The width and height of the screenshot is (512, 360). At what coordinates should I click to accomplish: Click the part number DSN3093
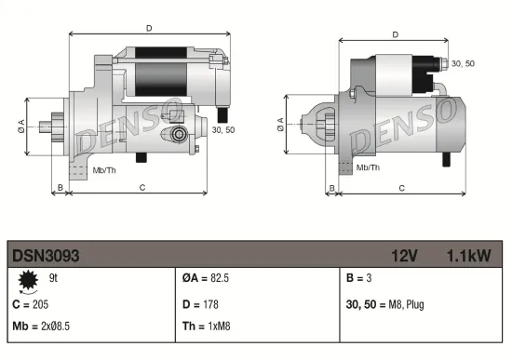pos(46,254)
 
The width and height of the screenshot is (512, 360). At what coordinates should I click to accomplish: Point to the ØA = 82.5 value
pos(208,277)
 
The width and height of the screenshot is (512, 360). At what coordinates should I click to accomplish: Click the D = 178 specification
pos(201,304)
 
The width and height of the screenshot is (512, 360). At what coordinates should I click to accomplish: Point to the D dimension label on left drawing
pos(149,28)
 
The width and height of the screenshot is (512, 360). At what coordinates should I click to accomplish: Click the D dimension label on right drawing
pos(396,34)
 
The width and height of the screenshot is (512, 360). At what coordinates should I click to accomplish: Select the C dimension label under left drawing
pos(141,187)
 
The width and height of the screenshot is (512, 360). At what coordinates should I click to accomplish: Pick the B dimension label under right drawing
pos(330,187)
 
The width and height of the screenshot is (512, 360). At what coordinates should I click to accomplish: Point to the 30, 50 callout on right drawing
pos(462,63)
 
